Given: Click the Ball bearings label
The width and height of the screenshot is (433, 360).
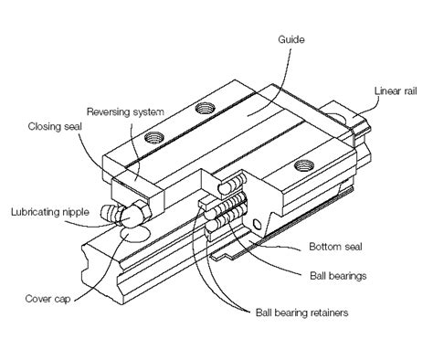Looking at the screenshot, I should (x=338, y=273).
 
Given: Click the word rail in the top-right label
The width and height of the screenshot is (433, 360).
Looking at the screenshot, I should (x=413, y=90).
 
